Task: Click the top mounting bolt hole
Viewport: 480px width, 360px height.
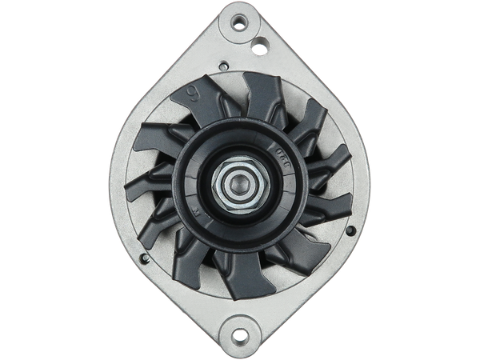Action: [x=240, y=16]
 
